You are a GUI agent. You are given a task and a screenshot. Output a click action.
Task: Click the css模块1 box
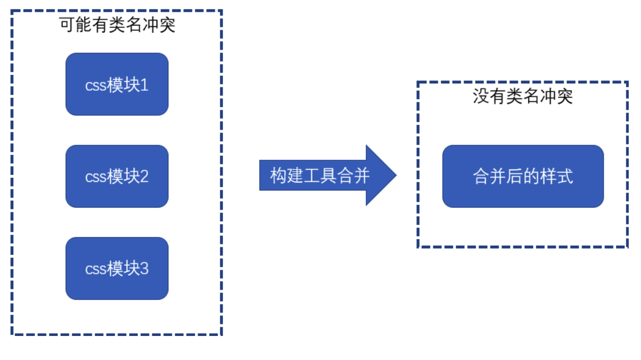click(117, 84)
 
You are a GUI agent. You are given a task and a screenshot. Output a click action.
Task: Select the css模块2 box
click(117, 176)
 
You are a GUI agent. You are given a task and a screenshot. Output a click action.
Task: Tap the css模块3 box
click(117, 268)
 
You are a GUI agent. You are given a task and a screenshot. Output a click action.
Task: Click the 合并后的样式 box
click(523, 176)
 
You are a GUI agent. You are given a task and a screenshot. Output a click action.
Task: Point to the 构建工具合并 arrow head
click(383, 175)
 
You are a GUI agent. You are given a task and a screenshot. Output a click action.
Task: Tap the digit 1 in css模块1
click(144, 85)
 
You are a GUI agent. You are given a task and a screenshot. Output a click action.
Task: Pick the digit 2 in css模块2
click(144, 177)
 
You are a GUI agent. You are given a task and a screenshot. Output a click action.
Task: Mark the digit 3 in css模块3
click(144, 269)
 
